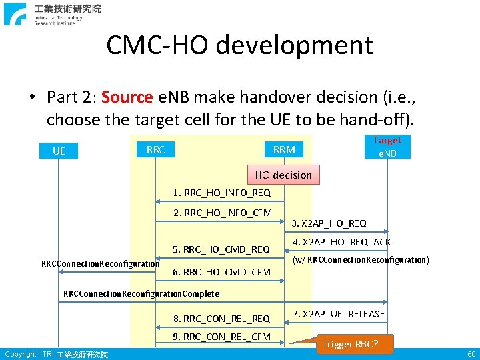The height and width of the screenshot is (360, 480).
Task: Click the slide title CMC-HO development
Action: [239, 45]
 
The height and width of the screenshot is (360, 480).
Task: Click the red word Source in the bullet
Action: [127, 97]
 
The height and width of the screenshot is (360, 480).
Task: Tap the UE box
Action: [59, 151]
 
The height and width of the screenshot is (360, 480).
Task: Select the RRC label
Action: [155, 149]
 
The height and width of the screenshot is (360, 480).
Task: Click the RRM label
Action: [284, 149]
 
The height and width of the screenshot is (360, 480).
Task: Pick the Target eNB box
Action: [387, 146]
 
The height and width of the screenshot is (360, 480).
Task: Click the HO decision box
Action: [283, 175]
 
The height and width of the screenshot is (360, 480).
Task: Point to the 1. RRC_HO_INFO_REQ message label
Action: [221, 193]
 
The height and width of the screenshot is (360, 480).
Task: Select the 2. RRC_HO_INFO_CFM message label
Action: [223, 213]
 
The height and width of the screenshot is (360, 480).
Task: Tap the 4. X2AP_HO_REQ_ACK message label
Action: [342, 242]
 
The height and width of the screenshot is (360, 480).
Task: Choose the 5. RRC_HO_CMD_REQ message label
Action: [221, 250]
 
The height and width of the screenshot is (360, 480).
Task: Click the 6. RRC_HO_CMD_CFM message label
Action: [221, 272]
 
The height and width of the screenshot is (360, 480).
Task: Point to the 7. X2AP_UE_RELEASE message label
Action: [339, 314]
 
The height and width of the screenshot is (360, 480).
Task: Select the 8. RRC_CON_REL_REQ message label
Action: [221, 319]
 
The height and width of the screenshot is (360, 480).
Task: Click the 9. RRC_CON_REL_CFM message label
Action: [221, 337]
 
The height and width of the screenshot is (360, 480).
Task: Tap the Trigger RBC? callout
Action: [350, 344]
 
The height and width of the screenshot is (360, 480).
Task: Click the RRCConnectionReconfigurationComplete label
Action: [141, 293]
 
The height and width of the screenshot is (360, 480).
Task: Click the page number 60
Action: [471, 354]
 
